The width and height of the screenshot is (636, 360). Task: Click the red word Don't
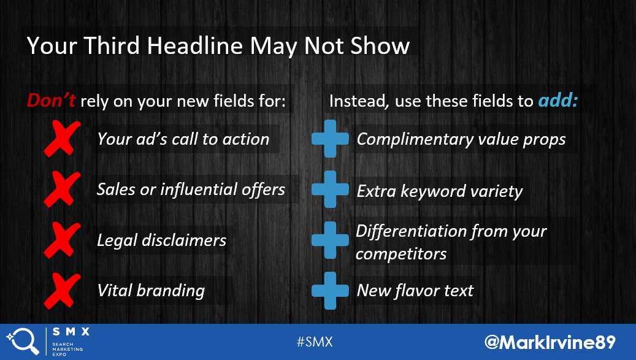51,100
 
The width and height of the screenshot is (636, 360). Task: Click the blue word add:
557,101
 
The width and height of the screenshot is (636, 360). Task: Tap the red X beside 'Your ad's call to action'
62,139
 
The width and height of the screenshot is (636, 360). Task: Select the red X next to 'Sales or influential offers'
62,190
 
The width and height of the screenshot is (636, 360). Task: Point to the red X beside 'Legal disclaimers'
62,240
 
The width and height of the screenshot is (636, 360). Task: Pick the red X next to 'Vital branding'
62,291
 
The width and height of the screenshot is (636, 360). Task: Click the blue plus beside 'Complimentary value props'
330,139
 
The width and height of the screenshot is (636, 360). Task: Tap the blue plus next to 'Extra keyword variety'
330,190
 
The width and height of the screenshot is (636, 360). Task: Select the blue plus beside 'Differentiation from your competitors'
330,240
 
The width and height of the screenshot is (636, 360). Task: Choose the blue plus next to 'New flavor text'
330,291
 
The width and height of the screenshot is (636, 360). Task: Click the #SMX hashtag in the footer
315,342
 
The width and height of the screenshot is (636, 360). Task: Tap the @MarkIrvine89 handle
550,342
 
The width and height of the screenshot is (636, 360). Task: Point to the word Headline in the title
194,45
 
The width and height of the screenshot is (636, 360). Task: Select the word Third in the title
112,45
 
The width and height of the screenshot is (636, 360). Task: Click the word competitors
401,254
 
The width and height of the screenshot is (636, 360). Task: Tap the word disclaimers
184,240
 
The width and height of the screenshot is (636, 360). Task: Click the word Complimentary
415,140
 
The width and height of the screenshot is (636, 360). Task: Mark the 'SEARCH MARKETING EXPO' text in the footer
67,349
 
